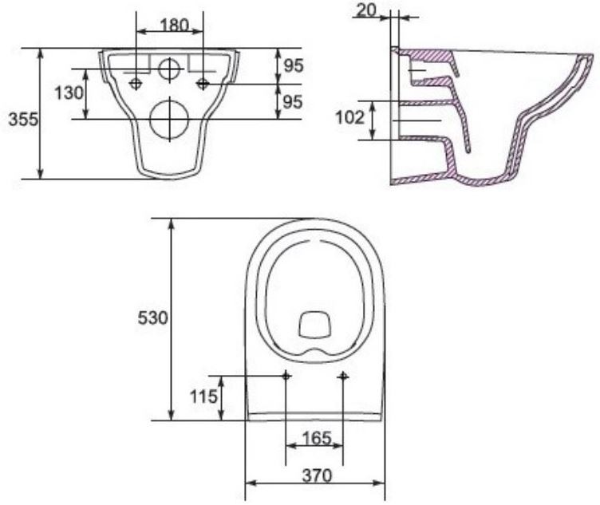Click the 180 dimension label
tap(174, 26)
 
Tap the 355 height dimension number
tap(24, 120)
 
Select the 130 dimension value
tap(69, 93)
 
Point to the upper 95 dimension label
tap(294, 65)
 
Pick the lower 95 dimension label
tap(294, 102)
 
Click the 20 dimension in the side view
tap(366, 10)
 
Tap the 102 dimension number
tap(350, 117)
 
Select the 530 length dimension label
tap(152, 318)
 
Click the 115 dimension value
tap(204, 397)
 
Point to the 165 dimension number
tap(317, 438)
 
